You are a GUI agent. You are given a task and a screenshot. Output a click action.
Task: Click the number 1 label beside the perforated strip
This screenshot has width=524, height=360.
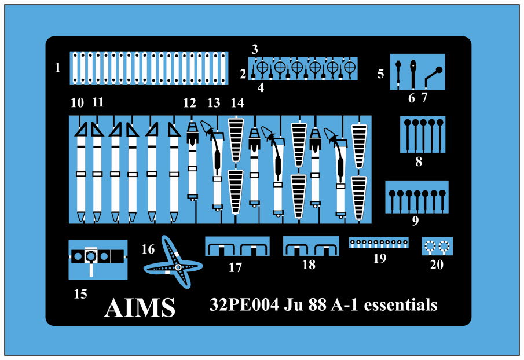click(57, 68)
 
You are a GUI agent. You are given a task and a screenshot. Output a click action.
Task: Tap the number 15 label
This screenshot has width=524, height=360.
click(80, 294)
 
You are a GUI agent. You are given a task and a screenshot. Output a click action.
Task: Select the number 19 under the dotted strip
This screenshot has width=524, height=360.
click(379, 259)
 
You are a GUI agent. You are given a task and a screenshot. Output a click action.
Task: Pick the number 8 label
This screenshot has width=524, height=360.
click(418, 161)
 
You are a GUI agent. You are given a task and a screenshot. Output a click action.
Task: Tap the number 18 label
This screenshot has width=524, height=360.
click(309, 265)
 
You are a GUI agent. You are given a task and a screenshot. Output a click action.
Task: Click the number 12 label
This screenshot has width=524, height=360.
click(190, 104)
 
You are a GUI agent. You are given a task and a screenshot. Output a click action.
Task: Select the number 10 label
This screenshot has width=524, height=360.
click(77, 104)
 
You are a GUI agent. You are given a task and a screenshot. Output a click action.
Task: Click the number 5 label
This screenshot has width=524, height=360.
click(380, 74)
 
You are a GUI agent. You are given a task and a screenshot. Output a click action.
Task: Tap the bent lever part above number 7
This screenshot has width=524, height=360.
click(433, 74)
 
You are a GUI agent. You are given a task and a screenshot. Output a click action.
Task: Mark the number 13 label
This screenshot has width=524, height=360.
click(214, 104)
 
